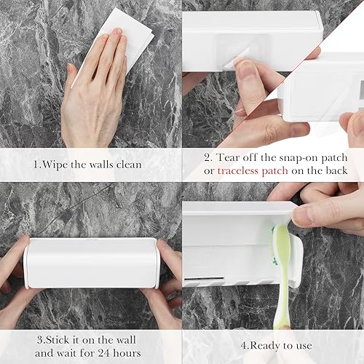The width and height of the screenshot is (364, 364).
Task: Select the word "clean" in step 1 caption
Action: point(129,165)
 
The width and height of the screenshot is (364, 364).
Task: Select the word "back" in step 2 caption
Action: point(336,170)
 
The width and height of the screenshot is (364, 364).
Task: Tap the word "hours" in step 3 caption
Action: point(127,352)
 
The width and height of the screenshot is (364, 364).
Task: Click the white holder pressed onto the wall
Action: point(92,264)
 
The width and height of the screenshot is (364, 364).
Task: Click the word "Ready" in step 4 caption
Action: point(264,346)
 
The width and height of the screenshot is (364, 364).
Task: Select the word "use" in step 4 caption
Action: point(304,346)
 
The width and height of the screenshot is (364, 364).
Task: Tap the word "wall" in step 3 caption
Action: point(125,340)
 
